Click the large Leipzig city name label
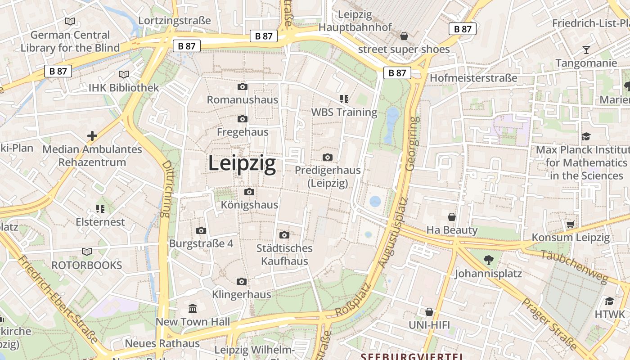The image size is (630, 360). tap(242, 163)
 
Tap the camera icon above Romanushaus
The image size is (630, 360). tap(243, 86)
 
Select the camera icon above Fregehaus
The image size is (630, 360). tap(243, 119)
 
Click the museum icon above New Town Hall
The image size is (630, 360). tap(193, 308)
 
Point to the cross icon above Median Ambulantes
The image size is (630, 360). tap(92, 135)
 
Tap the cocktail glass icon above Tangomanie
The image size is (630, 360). tap(586, 49)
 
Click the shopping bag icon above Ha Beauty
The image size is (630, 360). tap(452, 217)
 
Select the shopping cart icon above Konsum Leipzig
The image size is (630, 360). tap(571, 224)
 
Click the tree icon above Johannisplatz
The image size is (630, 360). tap(488, 260)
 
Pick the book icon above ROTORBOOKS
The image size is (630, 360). tap(87, 252)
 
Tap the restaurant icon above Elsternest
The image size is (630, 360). tap(100, 208)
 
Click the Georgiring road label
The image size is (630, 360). tap(411, 144)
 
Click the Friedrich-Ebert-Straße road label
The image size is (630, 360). tap(58, 300)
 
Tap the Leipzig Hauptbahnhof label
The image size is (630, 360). tap(355, 21)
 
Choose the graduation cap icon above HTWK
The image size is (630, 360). tap(609, 301)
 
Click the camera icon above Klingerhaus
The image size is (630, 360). tap(242, 281)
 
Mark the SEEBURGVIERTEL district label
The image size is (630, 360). tap(412, 356)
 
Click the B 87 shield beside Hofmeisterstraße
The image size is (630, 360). tap(397, 72)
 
